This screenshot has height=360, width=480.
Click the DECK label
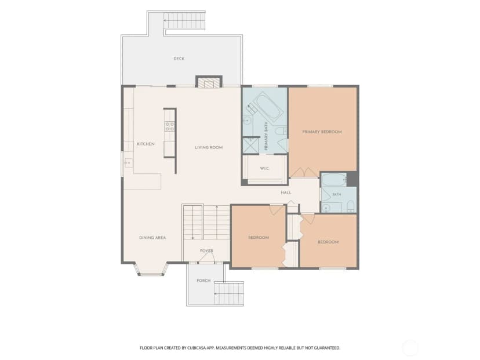point(179,59)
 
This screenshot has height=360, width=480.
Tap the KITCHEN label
point(146,144)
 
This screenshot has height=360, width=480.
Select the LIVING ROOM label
point(209,147)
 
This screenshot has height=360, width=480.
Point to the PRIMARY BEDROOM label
point(322,132)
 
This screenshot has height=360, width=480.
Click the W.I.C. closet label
point(264,168)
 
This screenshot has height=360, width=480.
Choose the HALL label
point(286,192)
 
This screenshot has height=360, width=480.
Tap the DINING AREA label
point(152,238)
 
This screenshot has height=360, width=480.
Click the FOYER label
point(206,251)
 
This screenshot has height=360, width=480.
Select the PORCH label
point(203,281)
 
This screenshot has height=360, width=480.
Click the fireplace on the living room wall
point(209,82)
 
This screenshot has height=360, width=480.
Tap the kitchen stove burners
point(170,126)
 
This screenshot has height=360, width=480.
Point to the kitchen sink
point(129,163)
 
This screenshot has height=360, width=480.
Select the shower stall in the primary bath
point(250,146)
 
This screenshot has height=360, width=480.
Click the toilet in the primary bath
point(281,132)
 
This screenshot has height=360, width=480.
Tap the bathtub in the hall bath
point(334,180)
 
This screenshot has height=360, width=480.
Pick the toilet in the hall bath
point(351,206)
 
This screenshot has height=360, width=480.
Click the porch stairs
point(229,293)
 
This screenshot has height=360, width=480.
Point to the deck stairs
point(184,21)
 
